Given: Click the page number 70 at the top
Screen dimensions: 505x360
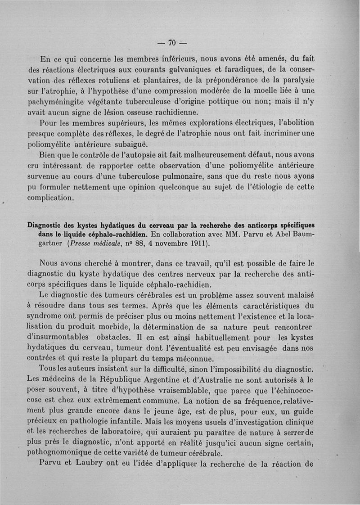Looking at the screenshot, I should (x=171, y=43).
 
